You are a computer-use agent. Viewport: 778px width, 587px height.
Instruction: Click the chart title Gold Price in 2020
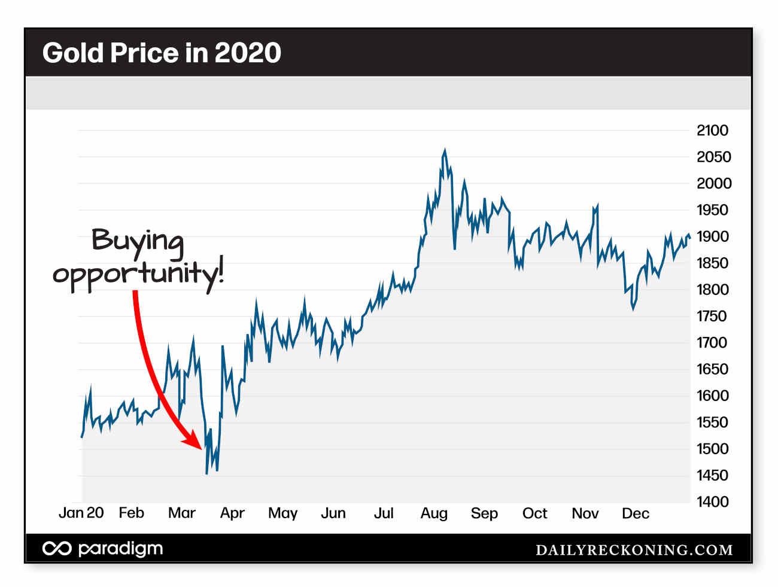(162, 53)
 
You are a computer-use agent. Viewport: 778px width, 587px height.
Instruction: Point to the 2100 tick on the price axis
(712, 130)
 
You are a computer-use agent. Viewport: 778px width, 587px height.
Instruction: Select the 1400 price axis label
(712, 502)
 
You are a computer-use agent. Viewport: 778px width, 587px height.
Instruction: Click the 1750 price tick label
(712, 316)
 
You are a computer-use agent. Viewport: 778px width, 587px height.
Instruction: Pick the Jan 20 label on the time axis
(81, 513)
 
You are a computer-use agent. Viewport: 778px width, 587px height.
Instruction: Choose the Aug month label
(434, 513)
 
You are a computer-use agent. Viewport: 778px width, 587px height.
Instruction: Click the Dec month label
(635, 513)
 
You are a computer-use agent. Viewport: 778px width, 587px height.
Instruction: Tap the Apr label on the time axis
(232, 513)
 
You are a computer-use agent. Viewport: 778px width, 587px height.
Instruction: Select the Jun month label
(333, 513)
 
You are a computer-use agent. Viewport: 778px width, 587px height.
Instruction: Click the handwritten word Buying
(138, 241)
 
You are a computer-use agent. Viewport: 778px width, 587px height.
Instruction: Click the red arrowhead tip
(201, 447)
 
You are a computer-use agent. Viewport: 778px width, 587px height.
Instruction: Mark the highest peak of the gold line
(445, 150)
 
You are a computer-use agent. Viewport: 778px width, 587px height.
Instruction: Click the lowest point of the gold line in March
(206, 473)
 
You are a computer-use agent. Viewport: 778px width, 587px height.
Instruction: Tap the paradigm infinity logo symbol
(57, 549)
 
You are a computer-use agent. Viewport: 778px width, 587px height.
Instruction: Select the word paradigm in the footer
(120, 549)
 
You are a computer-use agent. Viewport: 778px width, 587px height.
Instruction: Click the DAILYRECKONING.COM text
(634, 550)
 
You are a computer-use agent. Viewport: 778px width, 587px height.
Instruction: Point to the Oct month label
(534, 513)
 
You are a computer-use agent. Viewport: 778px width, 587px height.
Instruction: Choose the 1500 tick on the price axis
(712, 449)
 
